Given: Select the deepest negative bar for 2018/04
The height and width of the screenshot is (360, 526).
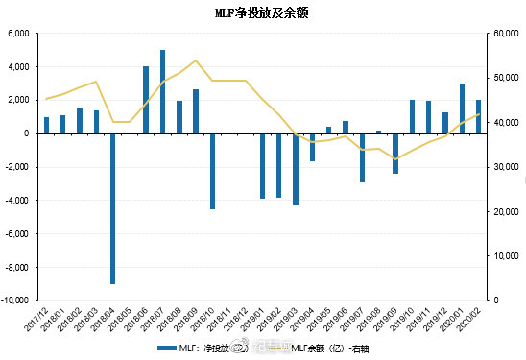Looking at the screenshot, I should [x=113, y=208].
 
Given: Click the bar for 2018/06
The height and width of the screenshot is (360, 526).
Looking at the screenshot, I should [x=146, y=100].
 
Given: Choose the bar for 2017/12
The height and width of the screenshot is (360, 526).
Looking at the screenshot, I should [x=46, y=125].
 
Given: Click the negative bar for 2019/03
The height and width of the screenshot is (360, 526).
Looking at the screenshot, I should [x=296, y=169].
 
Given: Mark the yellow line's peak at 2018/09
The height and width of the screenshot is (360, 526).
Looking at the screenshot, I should [x=196, y=60].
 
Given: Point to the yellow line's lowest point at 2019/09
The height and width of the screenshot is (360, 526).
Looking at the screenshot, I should [x=395, y=158].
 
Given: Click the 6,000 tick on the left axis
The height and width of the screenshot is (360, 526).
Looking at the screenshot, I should [x=20, y=34].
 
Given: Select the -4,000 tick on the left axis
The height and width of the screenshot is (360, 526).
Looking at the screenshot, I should [x=18, y=200].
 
